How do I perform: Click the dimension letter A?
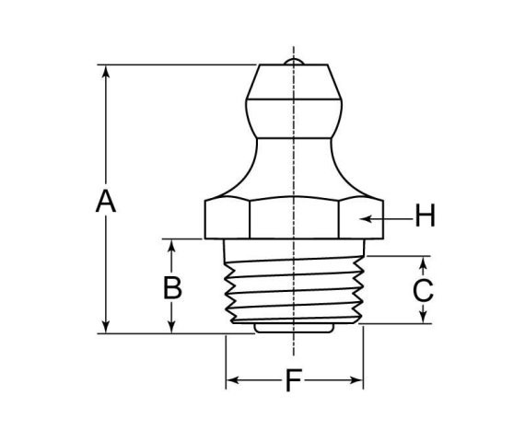(x=106, y=201)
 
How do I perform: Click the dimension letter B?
(x=172, y=287)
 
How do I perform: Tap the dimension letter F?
(x=293, y=380)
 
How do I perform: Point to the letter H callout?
(x=425, y=217)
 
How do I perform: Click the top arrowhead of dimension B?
(x=172, y=245)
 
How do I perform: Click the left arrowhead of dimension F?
(x=232, y=379)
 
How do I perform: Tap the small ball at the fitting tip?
(x=293, y=62)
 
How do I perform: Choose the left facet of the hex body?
(x=225, y=219)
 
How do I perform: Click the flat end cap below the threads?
(x=293, y=326)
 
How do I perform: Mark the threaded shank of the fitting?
(x=293, y=285)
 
